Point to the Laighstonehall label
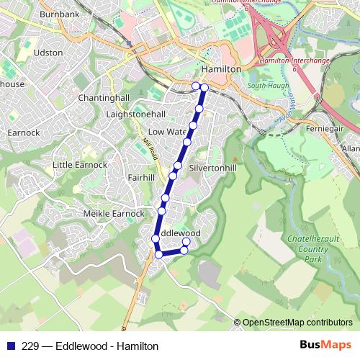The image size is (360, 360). point(135,114)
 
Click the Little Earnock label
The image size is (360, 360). point(80,165)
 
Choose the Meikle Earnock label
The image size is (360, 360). point(114,213)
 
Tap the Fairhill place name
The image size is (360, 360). point(140,176)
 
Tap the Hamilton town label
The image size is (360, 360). point(221,68)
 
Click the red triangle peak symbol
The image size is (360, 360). point(234,157)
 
